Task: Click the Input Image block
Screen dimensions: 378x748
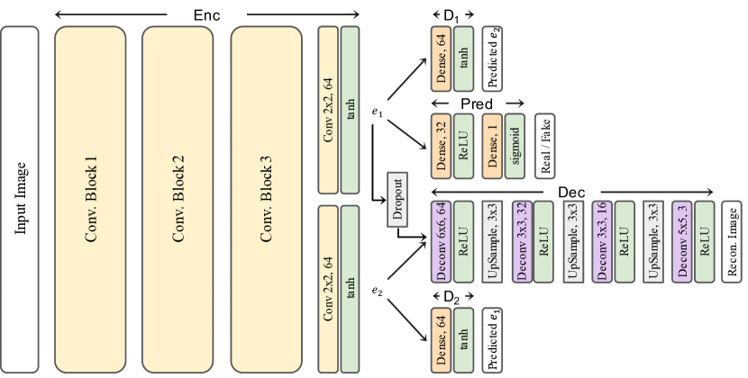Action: point(20,200)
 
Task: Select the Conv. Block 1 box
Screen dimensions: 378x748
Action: point(90,200)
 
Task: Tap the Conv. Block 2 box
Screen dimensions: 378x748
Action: point(178,200)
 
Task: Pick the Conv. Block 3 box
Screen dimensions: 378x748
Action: point(266,200)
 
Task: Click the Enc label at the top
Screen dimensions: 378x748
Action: point(206,15)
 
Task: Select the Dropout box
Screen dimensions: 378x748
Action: point(398,197)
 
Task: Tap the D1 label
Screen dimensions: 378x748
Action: point(449,15)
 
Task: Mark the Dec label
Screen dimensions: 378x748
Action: point(571,192)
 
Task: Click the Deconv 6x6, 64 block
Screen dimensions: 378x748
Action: point(441,243)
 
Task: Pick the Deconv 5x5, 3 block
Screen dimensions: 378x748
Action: point(682,243)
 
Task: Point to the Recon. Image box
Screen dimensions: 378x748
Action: point(732,243)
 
